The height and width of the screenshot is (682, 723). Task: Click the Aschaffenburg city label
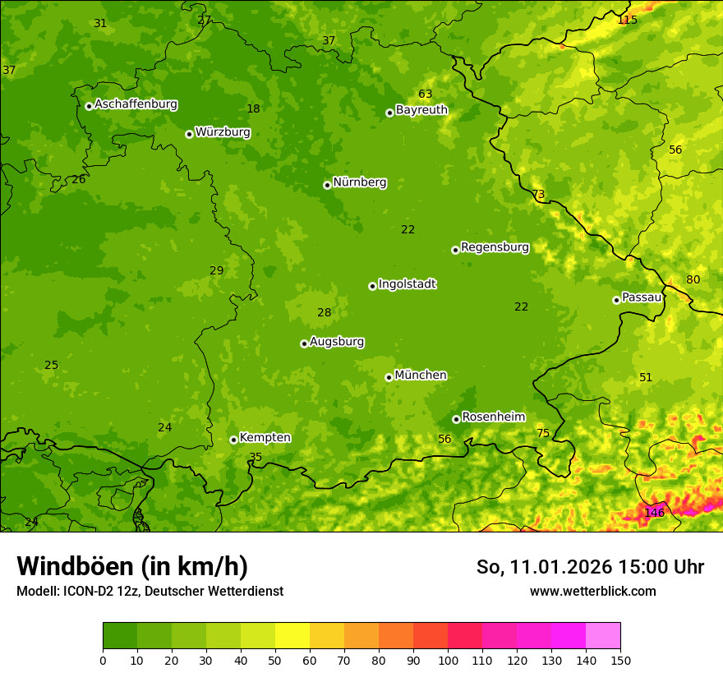[136, 104]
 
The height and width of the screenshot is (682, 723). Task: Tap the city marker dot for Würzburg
[189, 134]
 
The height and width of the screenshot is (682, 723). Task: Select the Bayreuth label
[421, 110]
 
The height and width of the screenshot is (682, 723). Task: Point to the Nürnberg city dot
[327, 185]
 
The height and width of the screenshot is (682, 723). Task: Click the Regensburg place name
[495, 247]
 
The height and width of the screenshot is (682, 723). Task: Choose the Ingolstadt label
[407, 284]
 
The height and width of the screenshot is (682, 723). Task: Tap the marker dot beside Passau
[616, 300]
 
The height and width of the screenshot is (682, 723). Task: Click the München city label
[421, 376]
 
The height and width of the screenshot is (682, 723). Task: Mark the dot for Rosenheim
[456, 419]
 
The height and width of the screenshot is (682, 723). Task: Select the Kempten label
[265, 438]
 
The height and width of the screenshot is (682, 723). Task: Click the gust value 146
[654, 513]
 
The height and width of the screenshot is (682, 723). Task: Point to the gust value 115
[627, 20]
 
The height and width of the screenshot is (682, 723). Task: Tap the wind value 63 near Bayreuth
[425, 94]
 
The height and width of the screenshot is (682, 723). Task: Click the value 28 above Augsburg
[325, 312]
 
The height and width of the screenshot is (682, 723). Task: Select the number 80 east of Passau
[693, 279]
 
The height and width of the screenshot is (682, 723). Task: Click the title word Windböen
[76, 566]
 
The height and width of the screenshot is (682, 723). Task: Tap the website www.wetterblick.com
[592, 591]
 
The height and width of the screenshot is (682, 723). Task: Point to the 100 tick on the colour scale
[448, 660]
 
